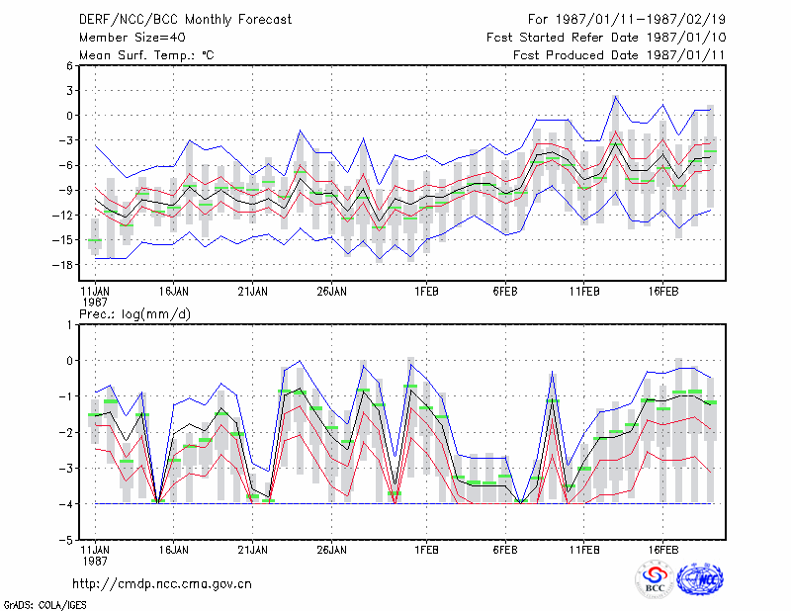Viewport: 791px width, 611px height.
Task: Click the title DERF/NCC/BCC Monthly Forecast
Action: click(x=185, y=20)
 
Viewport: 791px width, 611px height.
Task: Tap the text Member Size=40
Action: click(x=132, y=38)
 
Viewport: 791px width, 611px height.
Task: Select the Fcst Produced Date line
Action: click(x=619, y=55)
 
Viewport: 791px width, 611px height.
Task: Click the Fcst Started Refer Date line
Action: click(x=606, y=38)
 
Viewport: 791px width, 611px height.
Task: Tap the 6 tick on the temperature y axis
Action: click(x=69, y=65)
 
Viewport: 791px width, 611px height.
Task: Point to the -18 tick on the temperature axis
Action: click(x=62, y=265)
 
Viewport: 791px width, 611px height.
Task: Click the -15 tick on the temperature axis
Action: click(x=62, y=240)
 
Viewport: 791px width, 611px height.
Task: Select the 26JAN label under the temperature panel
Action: click(x=331, y=292)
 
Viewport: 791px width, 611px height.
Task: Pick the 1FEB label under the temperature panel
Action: click(x=426, y=292)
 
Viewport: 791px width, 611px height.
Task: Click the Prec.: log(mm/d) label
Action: click(x=134, y=314)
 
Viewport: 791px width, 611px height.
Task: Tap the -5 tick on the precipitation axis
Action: click(x=66, y=540)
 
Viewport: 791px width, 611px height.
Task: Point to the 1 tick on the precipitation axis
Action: click(x=69, y=325)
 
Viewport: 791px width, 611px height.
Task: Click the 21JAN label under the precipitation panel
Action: click(x=253, y=550)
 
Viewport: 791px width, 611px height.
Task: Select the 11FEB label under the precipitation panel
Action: click(x=584, y=550)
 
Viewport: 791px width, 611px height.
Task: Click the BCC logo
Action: click(x=655, y=579)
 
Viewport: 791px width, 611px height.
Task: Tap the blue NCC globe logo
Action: click(x=700, y=579)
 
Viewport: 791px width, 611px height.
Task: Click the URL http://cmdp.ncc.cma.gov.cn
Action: click(x=162, y=584)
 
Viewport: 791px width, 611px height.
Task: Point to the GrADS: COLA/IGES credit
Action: click(x=44, y=605)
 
